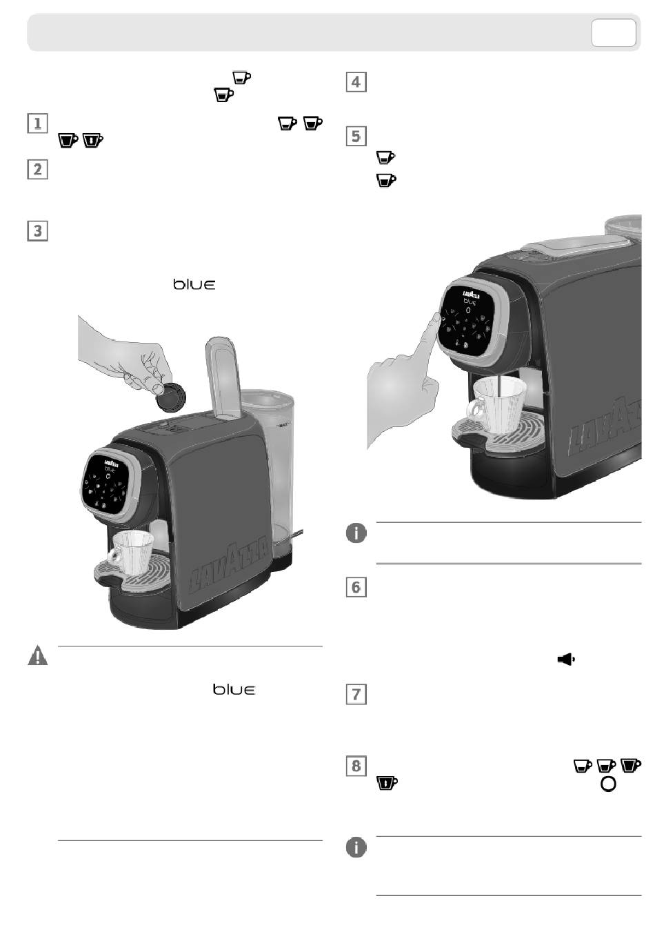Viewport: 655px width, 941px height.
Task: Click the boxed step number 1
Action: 37,123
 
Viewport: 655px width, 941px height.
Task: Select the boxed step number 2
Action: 37,169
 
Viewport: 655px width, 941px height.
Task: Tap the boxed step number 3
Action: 37,230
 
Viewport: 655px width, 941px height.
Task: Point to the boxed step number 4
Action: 355,82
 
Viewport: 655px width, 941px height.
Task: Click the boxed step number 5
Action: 355,136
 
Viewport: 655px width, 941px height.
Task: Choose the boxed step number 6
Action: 356,587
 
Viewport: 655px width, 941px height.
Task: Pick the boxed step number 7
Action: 356,693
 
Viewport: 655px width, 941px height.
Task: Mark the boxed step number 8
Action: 356,766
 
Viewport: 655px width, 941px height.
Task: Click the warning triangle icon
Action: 37,655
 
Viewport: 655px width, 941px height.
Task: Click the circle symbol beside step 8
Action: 608,784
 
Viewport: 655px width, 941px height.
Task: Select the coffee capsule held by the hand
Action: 170,397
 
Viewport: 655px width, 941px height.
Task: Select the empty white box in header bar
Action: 613,32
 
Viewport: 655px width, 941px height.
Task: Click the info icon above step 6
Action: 356,533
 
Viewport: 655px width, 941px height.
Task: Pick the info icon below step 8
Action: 356,847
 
